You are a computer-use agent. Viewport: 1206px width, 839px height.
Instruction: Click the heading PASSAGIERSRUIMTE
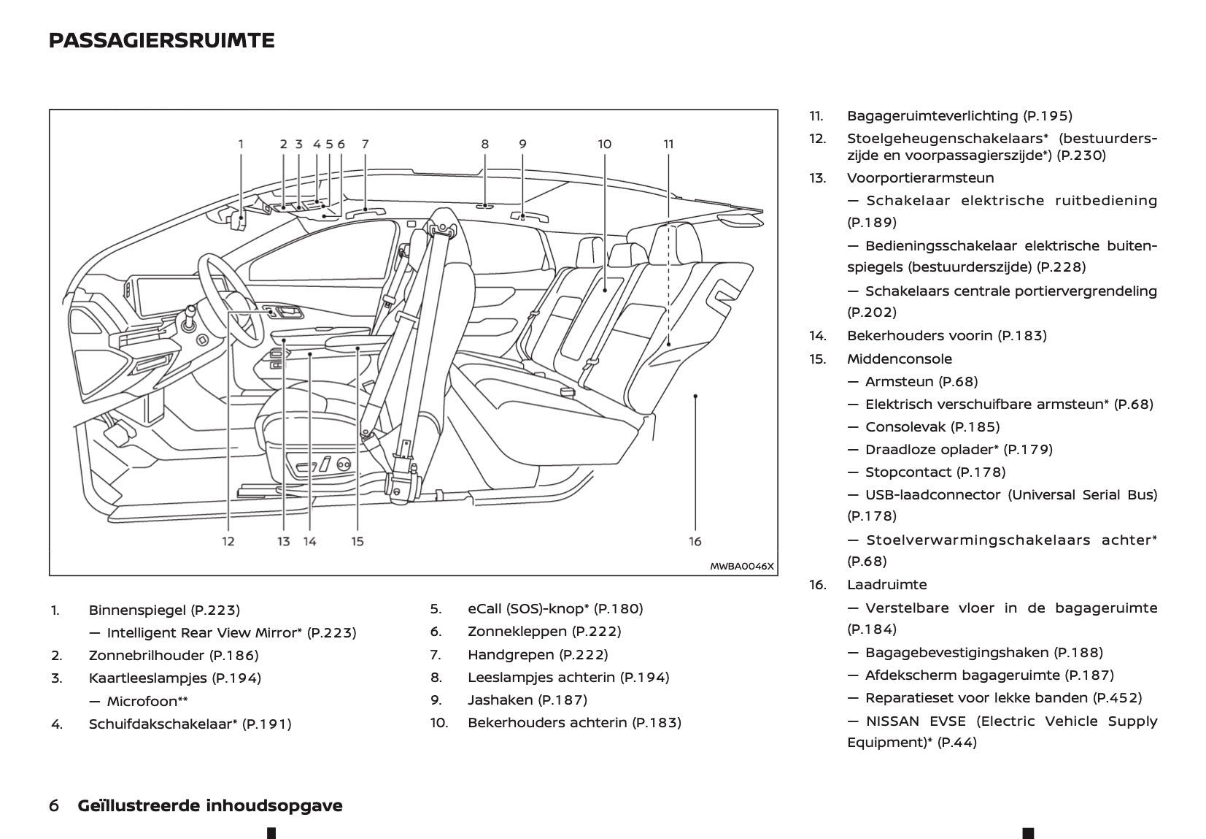(x=161, y=41)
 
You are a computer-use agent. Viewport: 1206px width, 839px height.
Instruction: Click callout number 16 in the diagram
(x=695, y=541)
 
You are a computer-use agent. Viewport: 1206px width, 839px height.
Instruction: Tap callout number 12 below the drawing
(x=228, y=541)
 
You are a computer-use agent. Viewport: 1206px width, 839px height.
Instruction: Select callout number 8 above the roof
(x=484, y=144)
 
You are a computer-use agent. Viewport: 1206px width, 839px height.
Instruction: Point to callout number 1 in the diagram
(x=241, y=144)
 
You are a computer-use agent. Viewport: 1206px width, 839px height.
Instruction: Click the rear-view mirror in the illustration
(x=237, y=221)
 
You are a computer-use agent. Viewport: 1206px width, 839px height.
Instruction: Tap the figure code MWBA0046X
(x=741, y=566)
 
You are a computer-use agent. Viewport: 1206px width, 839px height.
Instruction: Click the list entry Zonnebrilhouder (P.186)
(x=173, y=655)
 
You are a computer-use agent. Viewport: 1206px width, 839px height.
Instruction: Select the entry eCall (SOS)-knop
(x=554, y=608)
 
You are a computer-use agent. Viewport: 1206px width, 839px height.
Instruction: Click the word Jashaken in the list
(x=500, y=700)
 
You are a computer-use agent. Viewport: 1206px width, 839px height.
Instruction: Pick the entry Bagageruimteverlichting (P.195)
(x=959, y=115)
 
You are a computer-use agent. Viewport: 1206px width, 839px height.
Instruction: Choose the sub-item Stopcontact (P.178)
(x=935, y=472)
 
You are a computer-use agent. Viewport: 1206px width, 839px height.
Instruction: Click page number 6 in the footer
(x=54, y=805)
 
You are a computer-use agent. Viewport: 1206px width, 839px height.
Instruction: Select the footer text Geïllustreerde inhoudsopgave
(x=209, y=805)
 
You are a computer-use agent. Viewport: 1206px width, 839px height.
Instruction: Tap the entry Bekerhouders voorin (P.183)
(x=946, y=335)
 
